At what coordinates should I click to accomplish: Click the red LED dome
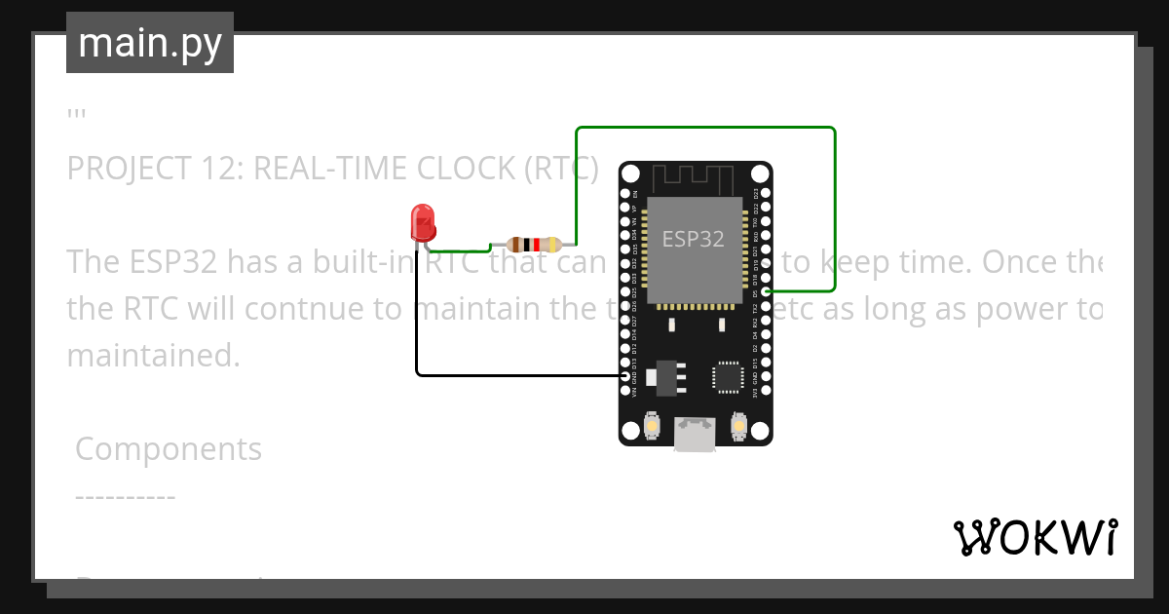coord(423,221)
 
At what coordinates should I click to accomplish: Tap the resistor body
coord(532,245)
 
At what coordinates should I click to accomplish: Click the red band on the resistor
coord(536,245)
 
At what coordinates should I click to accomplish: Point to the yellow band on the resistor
coord(553,245)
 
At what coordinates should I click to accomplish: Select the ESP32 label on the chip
coord(693,239)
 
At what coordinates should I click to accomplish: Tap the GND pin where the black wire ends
coord(625,375)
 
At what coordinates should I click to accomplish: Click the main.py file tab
coord(150,43)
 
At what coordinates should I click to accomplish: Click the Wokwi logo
coord(1036,537)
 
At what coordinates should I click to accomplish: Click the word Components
coord(169,449)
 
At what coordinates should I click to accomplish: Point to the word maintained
coord(153,355)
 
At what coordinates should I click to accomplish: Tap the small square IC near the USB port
coord(728,376)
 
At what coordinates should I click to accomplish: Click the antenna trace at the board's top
coord(694,178)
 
